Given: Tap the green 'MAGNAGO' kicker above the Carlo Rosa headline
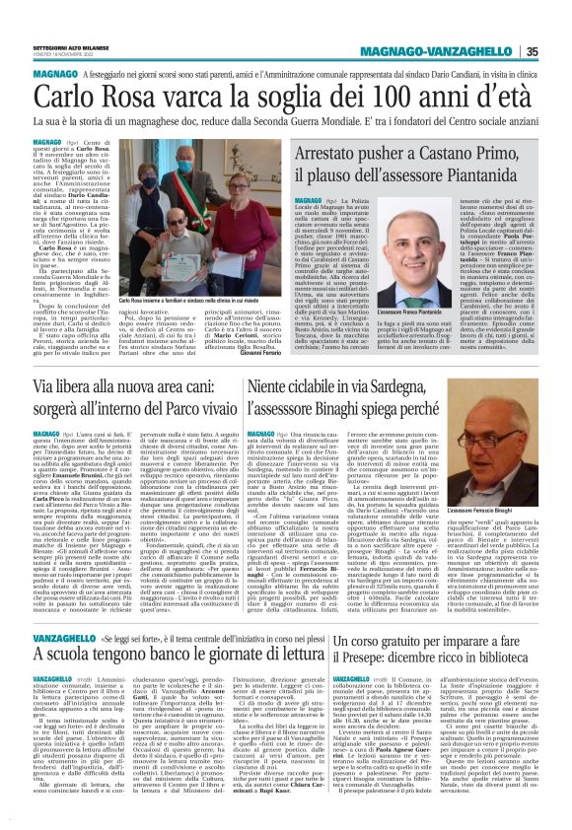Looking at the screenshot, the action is [55, 74].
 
